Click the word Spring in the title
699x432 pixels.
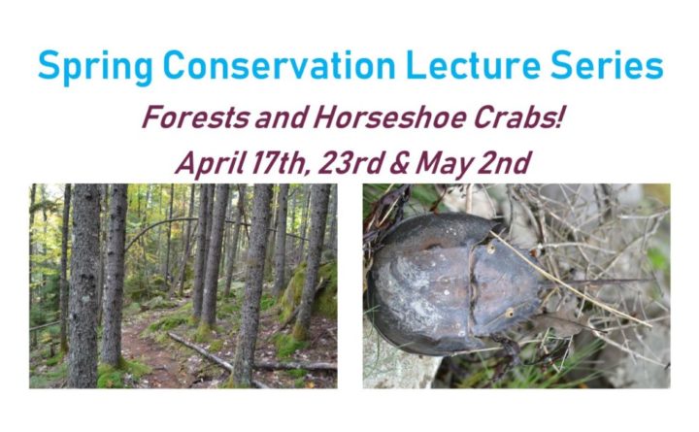[95, 67]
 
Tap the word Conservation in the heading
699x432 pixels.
[279, 65]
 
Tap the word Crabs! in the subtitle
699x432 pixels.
[517, 117]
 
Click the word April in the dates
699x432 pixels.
[209, 163]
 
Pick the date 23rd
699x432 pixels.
[350, 163]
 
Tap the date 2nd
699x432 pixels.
[504, 163]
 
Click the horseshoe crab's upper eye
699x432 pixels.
[491, 247]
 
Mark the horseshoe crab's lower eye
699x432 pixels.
[509, 313]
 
